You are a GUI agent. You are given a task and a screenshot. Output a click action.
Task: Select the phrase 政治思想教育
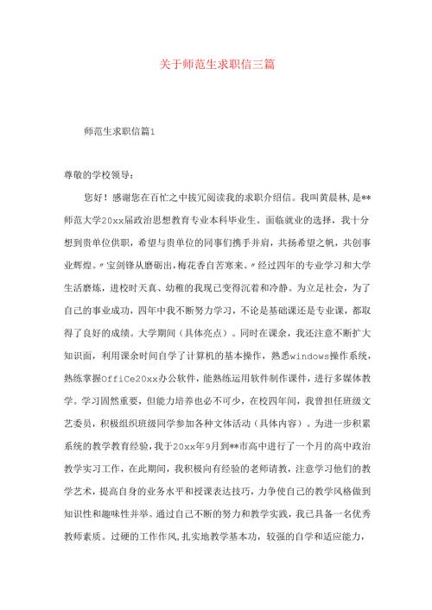[176, 218]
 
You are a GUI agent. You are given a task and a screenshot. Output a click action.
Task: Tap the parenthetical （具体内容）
[285, 422]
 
